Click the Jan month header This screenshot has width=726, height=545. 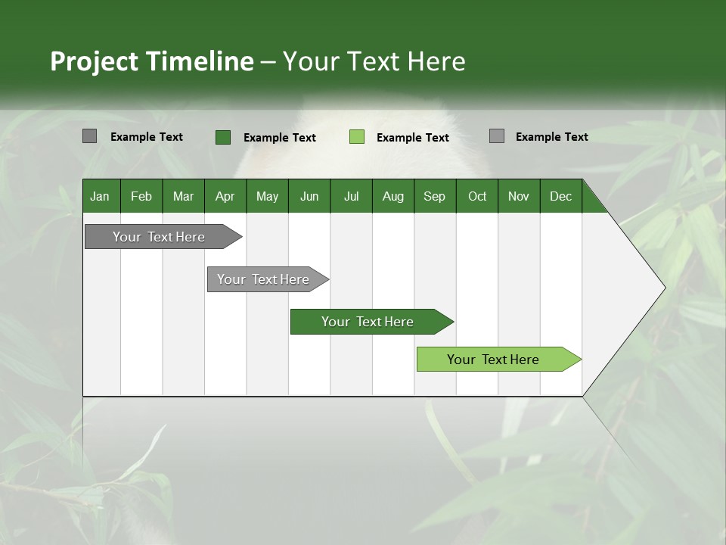tap(100, 196)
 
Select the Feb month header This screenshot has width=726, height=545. tap(141, 196)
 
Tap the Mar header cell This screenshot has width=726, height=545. tap(183, 196)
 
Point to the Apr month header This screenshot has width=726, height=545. tap(225, 196)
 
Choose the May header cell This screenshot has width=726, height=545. tap(267, 196)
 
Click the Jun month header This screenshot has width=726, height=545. tap(309, 196)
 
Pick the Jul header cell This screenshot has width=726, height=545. tap(351, 196)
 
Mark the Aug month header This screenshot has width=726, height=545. tap(393, 196)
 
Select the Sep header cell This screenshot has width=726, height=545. tap(435, 196)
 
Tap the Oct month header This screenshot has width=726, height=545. tap(477, 196)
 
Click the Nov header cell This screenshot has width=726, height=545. tap(519, 196)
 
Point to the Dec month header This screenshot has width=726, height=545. tap(561, 196)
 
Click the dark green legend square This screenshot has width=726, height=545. tap(222, 137)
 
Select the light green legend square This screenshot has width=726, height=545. tap(357, 137)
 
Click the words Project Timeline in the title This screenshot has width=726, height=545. tap(152, 61)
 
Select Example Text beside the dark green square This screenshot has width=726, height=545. tap(280, 138)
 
